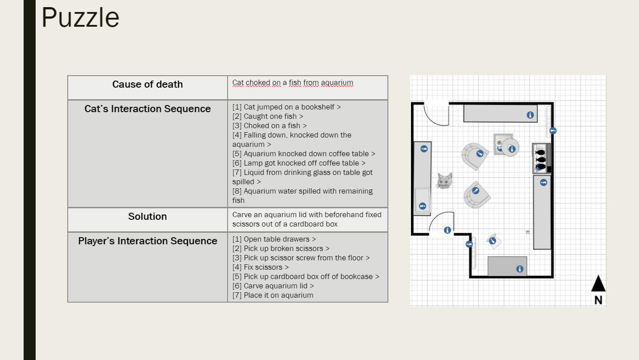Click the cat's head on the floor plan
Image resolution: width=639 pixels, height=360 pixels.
click(444, 181)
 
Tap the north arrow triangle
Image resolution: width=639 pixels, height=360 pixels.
click(598, 284)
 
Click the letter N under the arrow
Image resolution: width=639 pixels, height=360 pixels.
click(598, 300)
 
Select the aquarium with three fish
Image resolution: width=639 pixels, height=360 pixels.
click(541, 158)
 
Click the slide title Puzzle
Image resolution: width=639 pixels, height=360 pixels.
click(81, 18)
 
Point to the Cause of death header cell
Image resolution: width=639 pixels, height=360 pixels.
click(147, 85)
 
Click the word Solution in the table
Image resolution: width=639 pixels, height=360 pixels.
click(147, 217)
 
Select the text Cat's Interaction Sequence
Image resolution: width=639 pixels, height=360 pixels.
click(147, 109)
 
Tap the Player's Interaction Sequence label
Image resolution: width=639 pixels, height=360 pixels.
click(147, 241)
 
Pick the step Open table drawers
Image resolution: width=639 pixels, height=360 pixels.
click(274, 239)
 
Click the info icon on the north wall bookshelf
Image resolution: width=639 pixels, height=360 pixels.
click(530, 115)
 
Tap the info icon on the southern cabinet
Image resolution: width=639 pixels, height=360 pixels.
click(519, 269)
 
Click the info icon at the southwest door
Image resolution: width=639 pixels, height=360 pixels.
click(447, 230)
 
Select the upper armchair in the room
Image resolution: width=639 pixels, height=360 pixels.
click(475, 155)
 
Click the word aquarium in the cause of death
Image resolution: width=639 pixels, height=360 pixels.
click(337, 83)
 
